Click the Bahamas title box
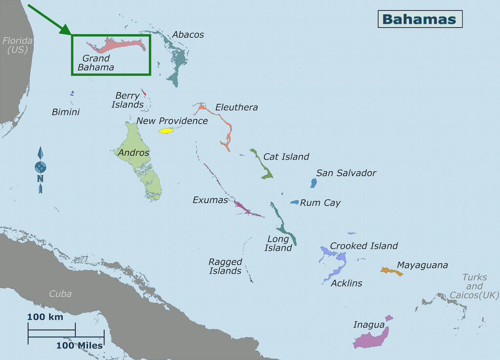(x=419, y=19)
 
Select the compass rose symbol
(x=41, y=167)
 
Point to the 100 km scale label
(x=45, y=317)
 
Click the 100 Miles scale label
(x=79, y=345)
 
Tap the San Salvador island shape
(x=313, y=183)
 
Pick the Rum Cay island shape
(x=294, y=202)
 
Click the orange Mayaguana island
(x=392, y=271)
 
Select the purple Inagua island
(x=371, y=338)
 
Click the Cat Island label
(x=286, y=157)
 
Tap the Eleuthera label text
(x=236, y=107)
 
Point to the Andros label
(x=133, y=153)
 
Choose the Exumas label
(x=210, y=200)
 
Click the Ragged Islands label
(x=225, y=266)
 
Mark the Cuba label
(x=60, y=294)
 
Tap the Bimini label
(x=65, y=112)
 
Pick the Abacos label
(x=188, y=35)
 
